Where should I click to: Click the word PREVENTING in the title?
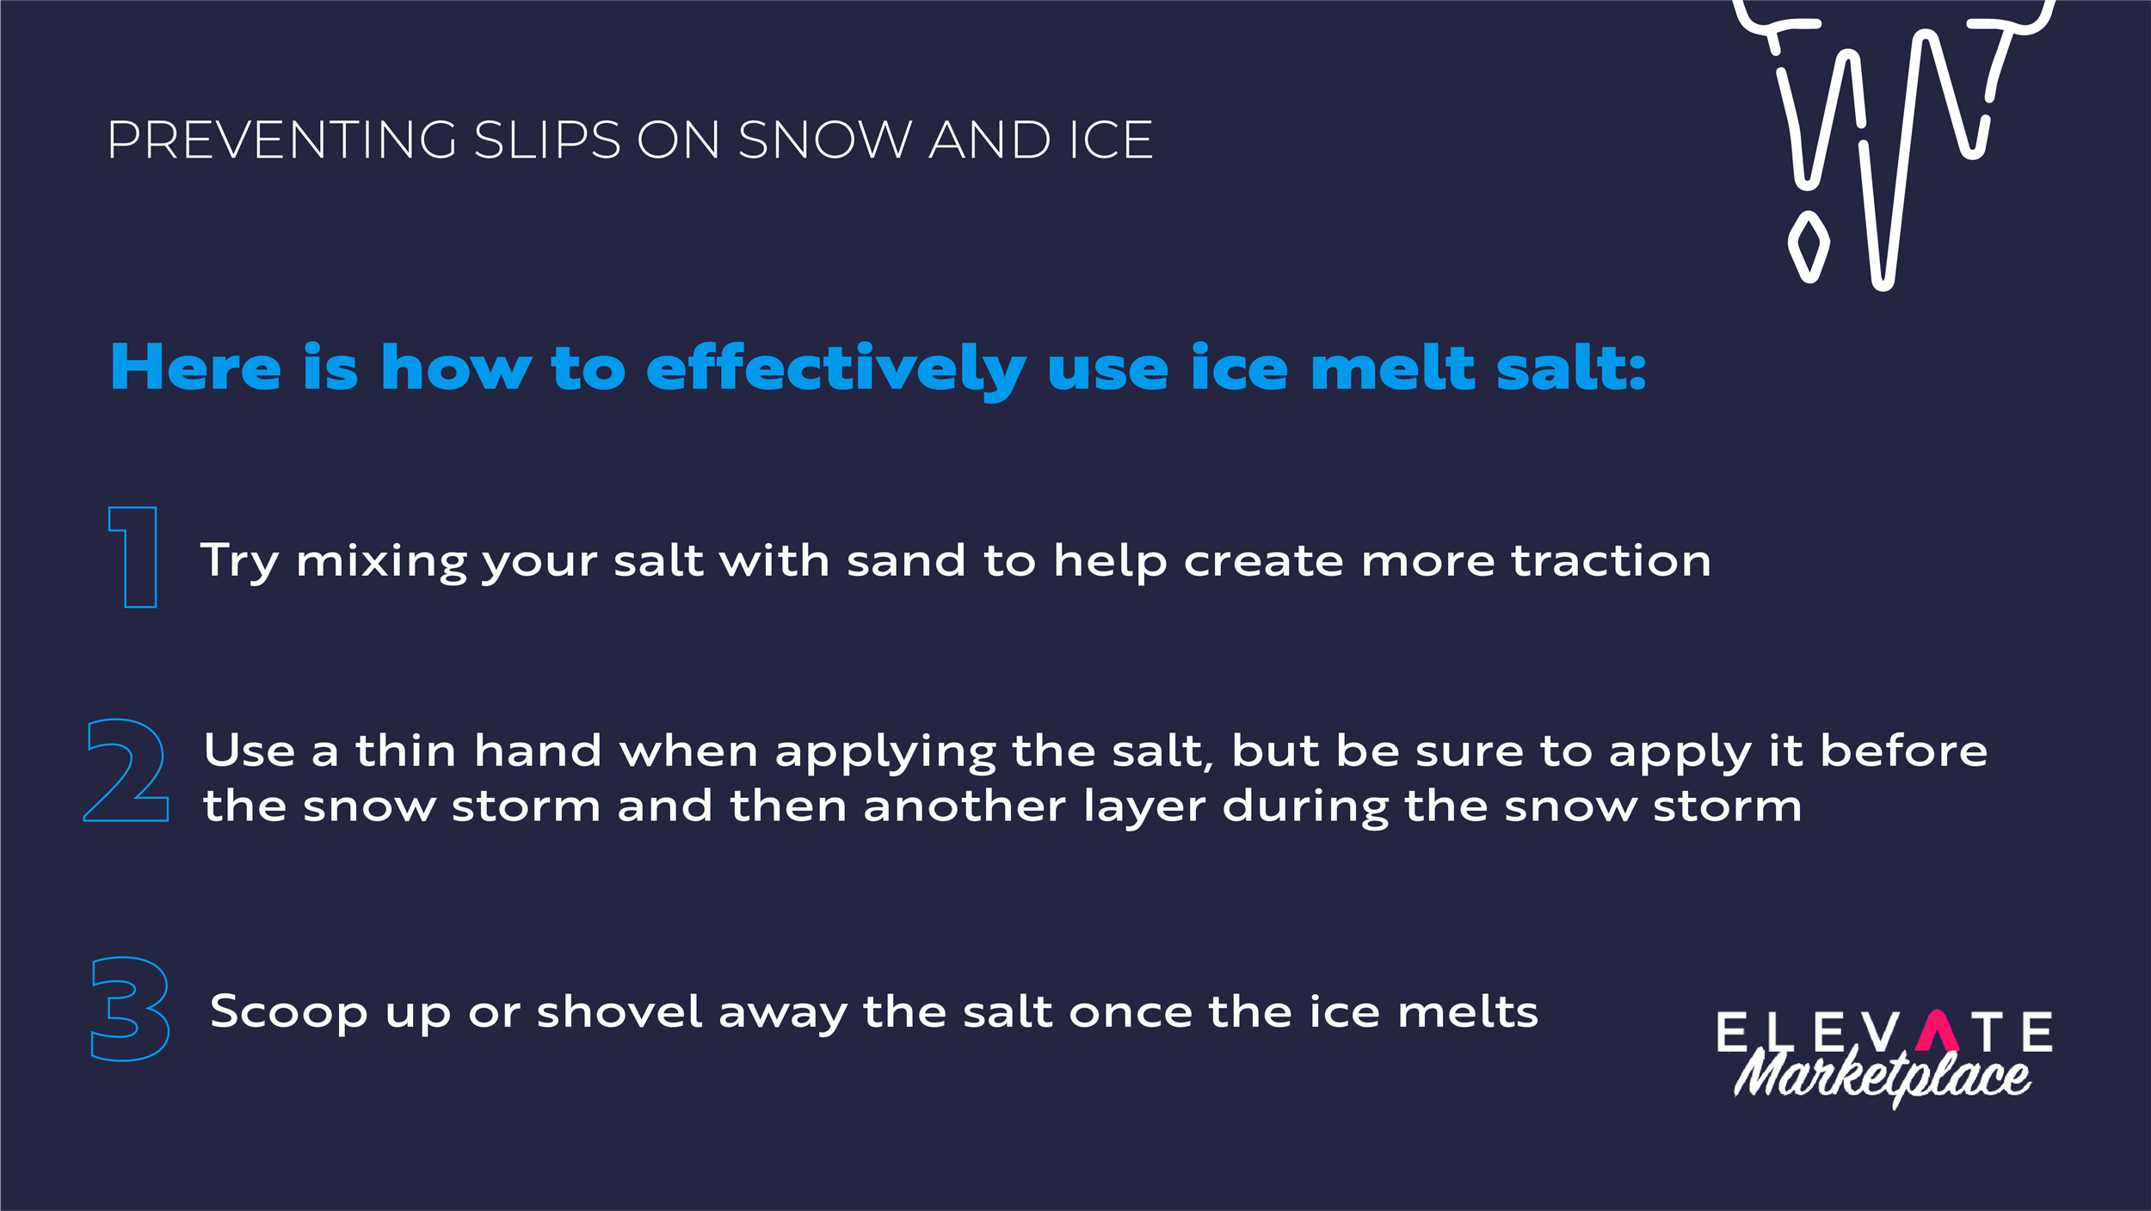(280, 140)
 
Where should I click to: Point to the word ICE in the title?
(1110, 140)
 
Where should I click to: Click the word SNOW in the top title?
(824, 140)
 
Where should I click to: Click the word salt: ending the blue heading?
(1571, 368)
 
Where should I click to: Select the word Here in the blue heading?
(196, 368)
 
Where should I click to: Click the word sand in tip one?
(906, 560)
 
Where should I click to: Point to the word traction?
(1612, 560)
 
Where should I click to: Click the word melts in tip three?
(1468, 1010)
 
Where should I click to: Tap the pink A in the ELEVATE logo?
(1938, 1031)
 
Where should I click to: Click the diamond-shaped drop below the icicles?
(1809, 246)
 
